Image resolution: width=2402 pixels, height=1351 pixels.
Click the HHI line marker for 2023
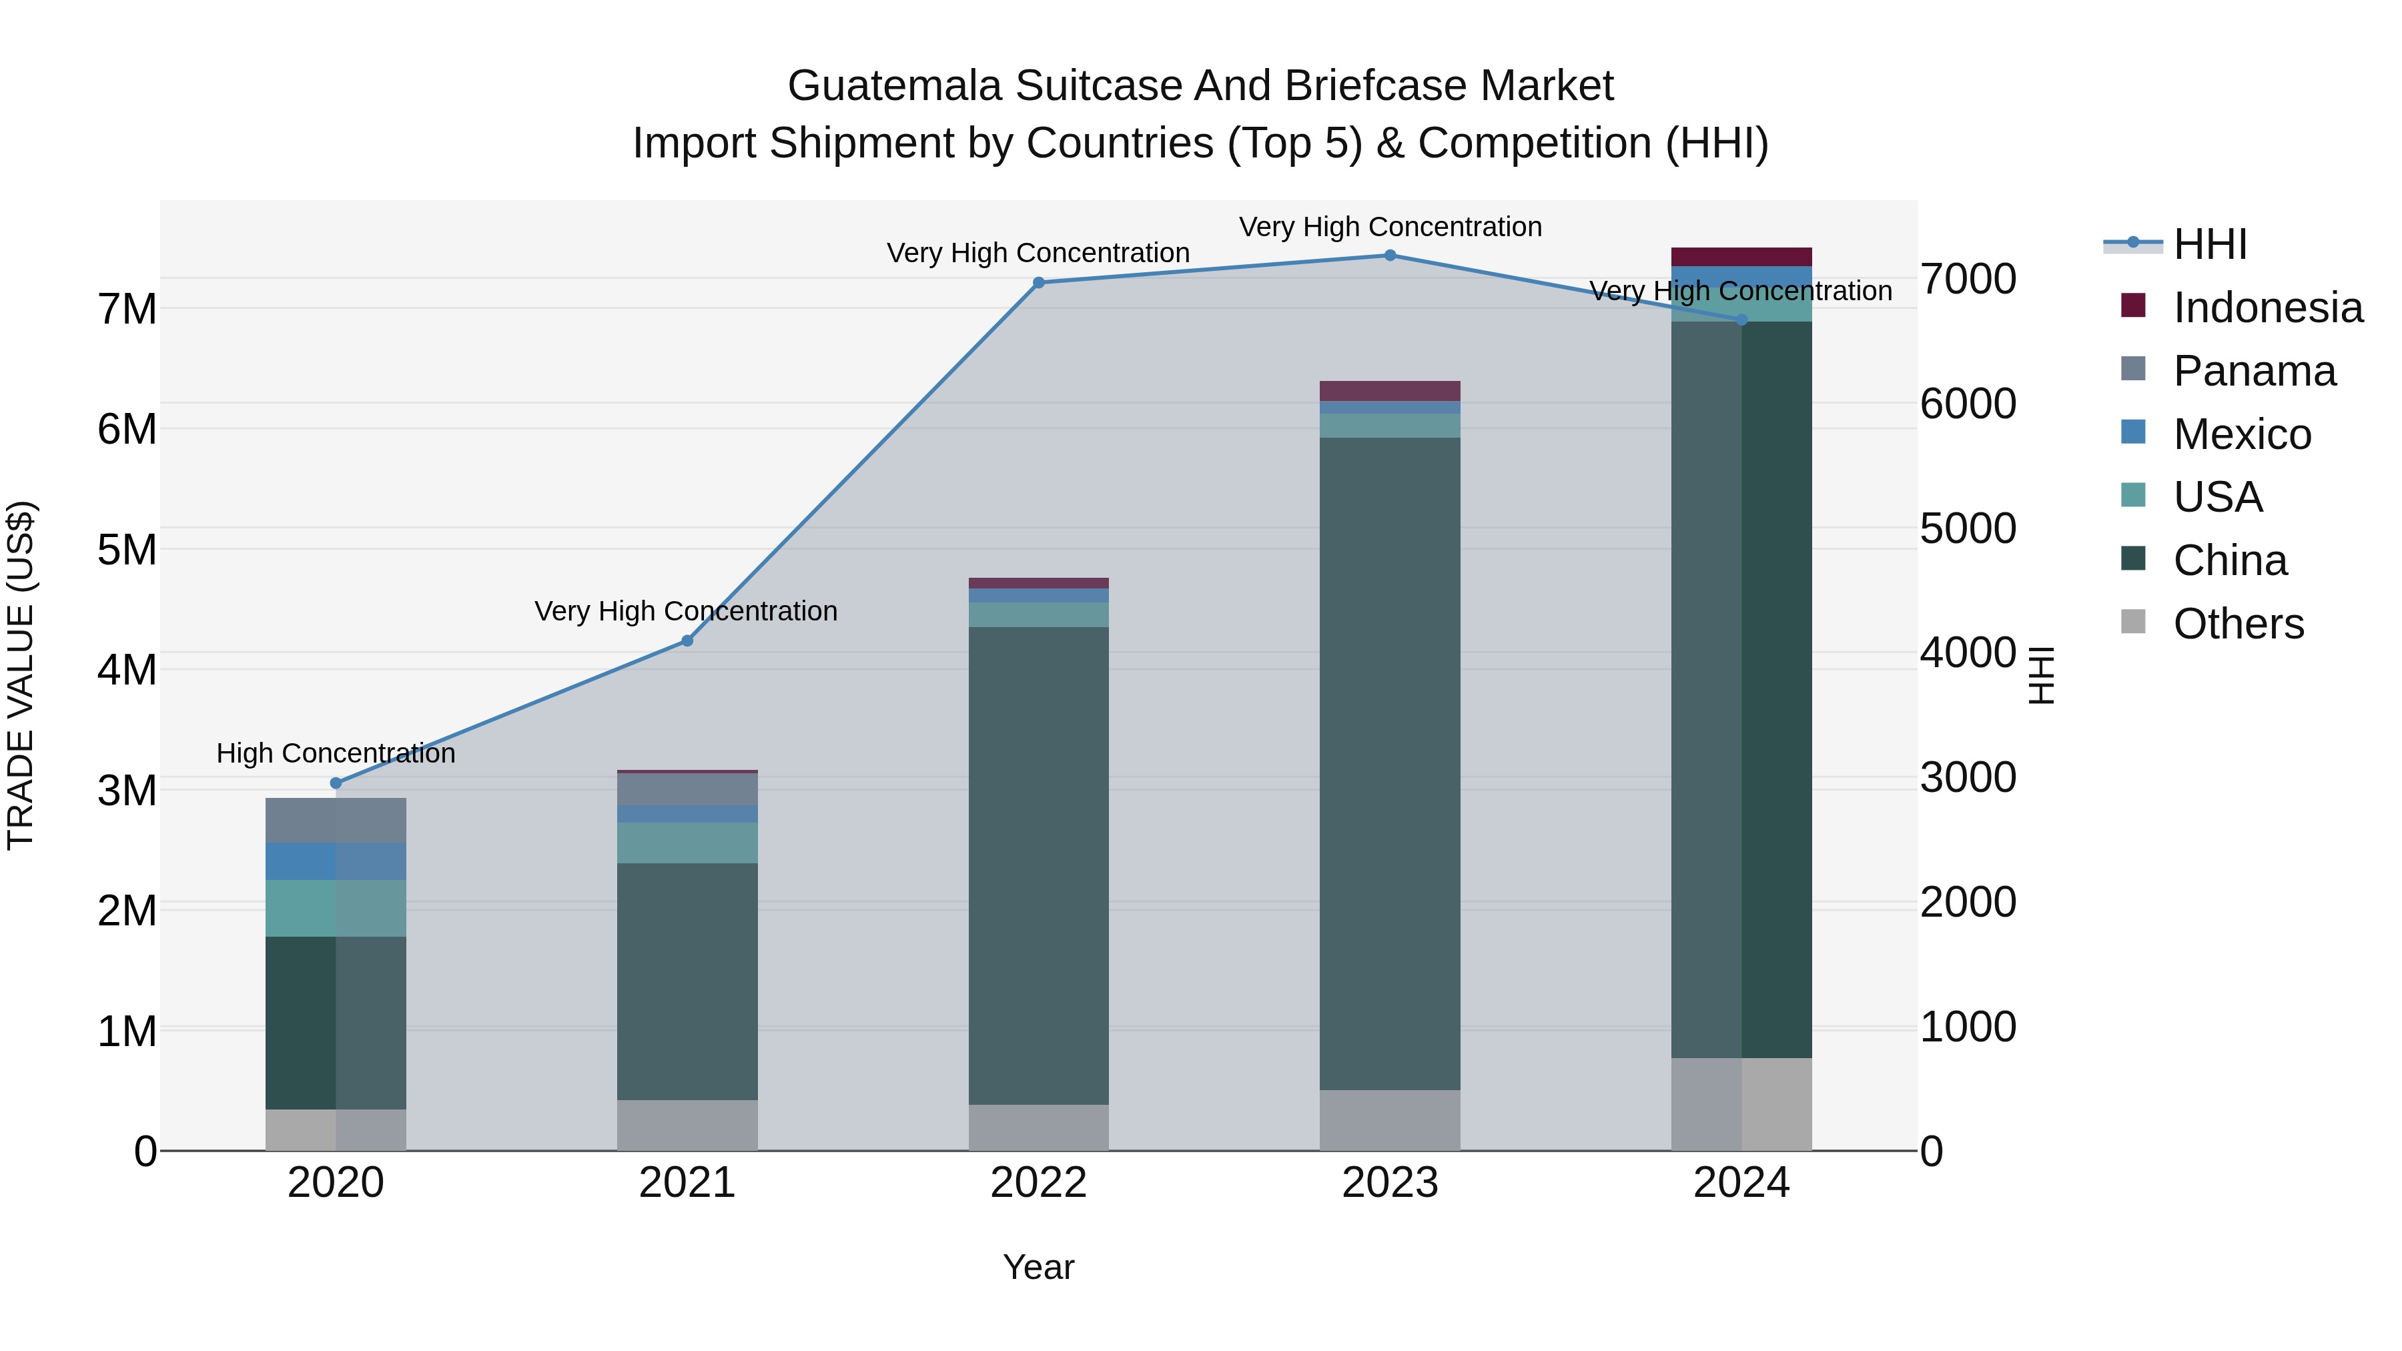click(x=1389, y=256)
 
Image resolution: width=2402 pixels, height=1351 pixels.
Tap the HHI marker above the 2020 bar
click(x=336, y=783)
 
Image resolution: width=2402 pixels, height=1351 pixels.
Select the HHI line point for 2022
click(x=1039, y=282)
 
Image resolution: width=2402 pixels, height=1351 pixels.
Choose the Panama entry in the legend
click(x=2254, y=371)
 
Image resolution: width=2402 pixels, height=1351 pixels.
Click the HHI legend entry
click(x=2209, y=244)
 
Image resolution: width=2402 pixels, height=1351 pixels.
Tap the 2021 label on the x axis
click(x=687, y=1183)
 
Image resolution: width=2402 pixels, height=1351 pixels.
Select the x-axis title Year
click(x=1038, y=1267)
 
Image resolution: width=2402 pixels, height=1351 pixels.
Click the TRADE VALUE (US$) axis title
click(x=21, y=675)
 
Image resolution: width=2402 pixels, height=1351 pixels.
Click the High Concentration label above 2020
click(x=336, y=753)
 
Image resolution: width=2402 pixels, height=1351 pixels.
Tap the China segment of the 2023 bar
click(x=1389, y=765)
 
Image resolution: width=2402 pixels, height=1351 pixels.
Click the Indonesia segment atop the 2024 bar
click(x=1741, y=256)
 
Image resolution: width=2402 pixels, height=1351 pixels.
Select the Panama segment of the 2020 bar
click(x=336, y=821)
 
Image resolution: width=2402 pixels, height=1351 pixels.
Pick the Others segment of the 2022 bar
click(x=1039, y=1128)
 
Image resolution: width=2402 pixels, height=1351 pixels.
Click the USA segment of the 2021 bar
click(x=687, y=843)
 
